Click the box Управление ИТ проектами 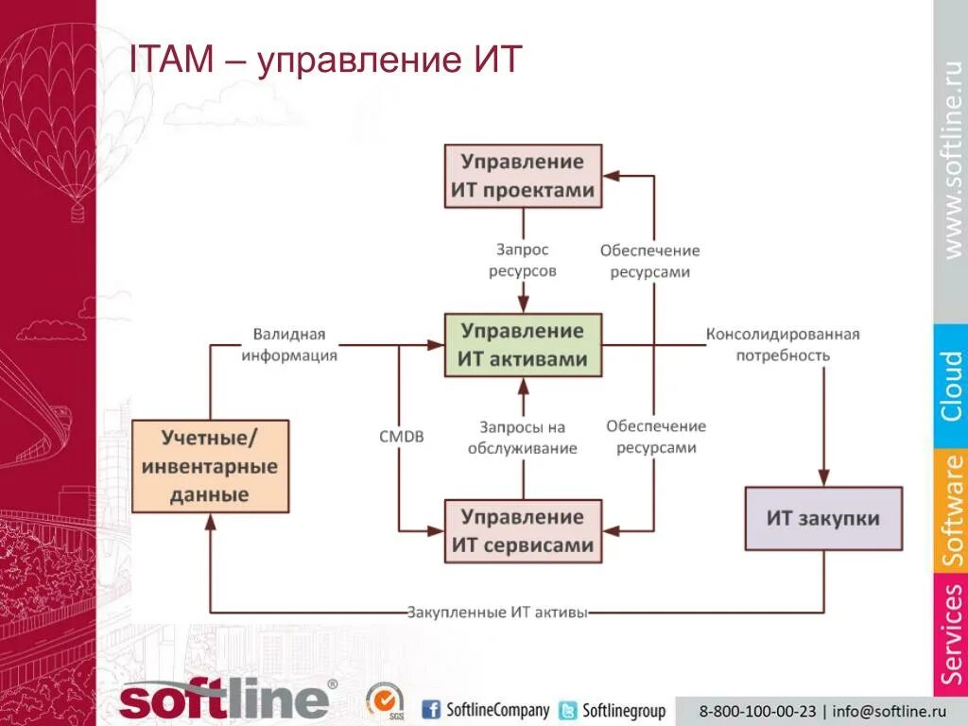pyautogui.click(x=523, y=176)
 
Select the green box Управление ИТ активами pyautogui.click(x=523, y=345)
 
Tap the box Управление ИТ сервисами pyautogui.click(x=523, y=531)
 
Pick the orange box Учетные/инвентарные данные pyautogui.click(x=210, y=466)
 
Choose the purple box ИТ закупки pyautogui.click(x=823, y=518)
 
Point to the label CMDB pyautogui.click(x=401, y=437)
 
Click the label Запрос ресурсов pyautogui.click(x=522, y=260)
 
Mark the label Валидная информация pyautogui.click(x=289, y=345)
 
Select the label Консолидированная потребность pyautogui.click(x=783, y=345)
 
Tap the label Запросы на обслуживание pyautogui.click(x=522, y=438)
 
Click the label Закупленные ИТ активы pyautogui.click(x=497, y=613)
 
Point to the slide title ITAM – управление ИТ pyautogui.click(x=325, y=60)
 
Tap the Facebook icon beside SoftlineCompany pyautogui.click(x=431, y=710)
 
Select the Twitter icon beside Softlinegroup pyautogui.click(x=568, y=711)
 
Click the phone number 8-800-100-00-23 pyautogui.click(x=757, y=711)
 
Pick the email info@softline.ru pyautogui.click(x=889, y=711)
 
